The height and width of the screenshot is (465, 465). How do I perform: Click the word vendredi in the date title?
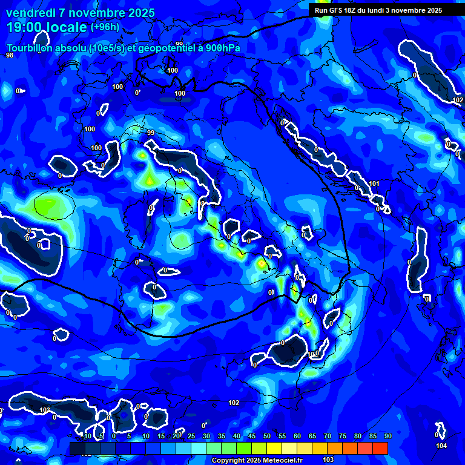tap(30, 13)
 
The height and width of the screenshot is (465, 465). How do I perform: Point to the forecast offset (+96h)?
tap(105, 27)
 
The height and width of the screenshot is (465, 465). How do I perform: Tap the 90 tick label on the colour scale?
tap(388, 436)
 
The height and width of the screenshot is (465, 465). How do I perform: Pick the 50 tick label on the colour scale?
tap(267, 436)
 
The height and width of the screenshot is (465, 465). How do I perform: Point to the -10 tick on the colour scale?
tap(85, 436)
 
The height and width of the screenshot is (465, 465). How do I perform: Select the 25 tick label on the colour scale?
tap(191, 436)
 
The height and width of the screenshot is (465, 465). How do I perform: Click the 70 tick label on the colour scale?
tap(328, 436)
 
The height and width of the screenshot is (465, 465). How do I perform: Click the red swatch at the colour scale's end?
tap(380, 448)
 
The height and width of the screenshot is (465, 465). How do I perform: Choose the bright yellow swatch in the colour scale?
tap(274, 448)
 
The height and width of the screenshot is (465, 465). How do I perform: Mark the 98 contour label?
tap(10, 56)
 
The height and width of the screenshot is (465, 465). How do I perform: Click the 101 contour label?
tap(374, 183)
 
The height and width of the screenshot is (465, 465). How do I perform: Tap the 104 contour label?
tap(441, 446)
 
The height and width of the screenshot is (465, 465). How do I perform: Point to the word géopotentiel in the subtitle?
tap(163, 49)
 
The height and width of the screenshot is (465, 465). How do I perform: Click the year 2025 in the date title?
tap(139, 13)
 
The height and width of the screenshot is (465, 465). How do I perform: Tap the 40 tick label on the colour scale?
tap(237, 436)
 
